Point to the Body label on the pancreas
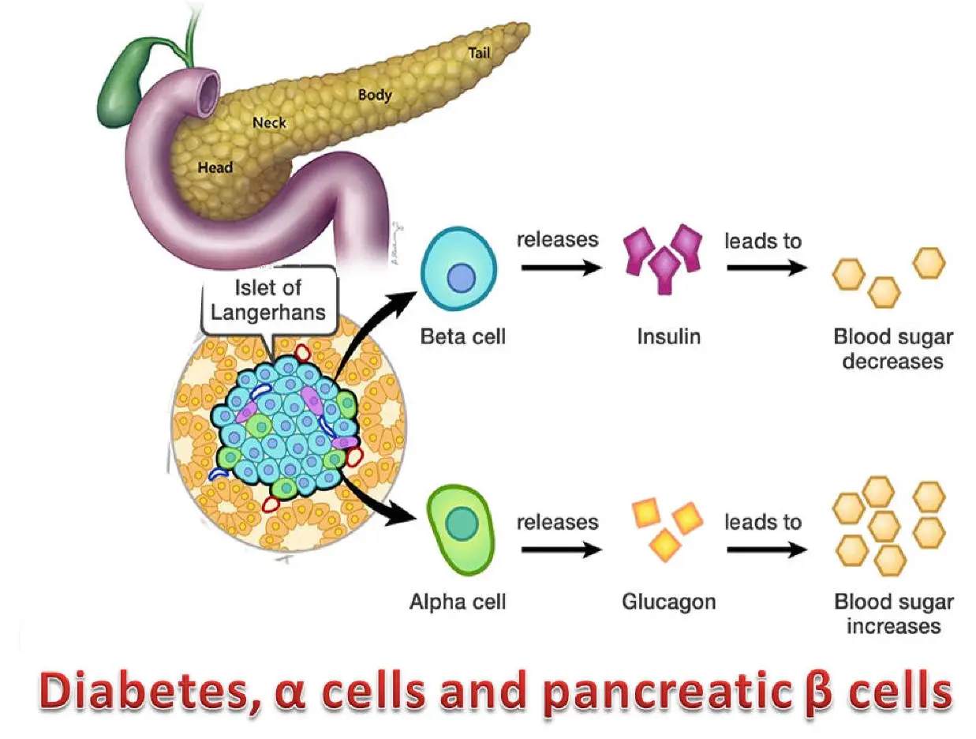point(375,95)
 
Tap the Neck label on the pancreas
point(269,122)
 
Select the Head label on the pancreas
point(215,167)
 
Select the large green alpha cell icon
point(461,522)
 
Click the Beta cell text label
point(462,337)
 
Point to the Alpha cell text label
point(458,602)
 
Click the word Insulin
point(668,337)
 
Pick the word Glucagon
point(668,602)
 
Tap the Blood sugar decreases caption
point(893,349)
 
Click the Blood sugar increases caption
point(893,613)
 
